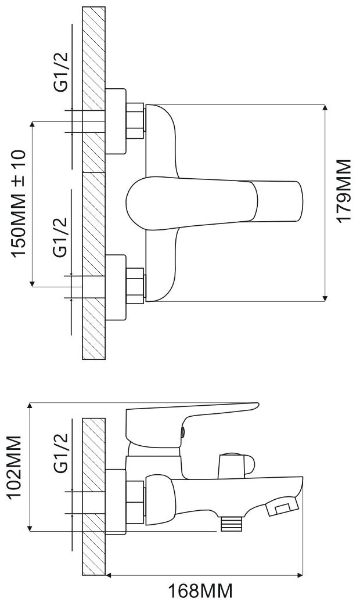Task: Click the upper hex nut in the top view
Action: (x=135, y=121)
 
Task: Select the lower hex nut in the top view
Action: (x=135, y=285)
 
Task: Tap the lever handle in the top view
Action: (x=215, y=202)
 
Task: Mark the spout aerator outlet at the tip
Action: (x=280, y=509)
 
